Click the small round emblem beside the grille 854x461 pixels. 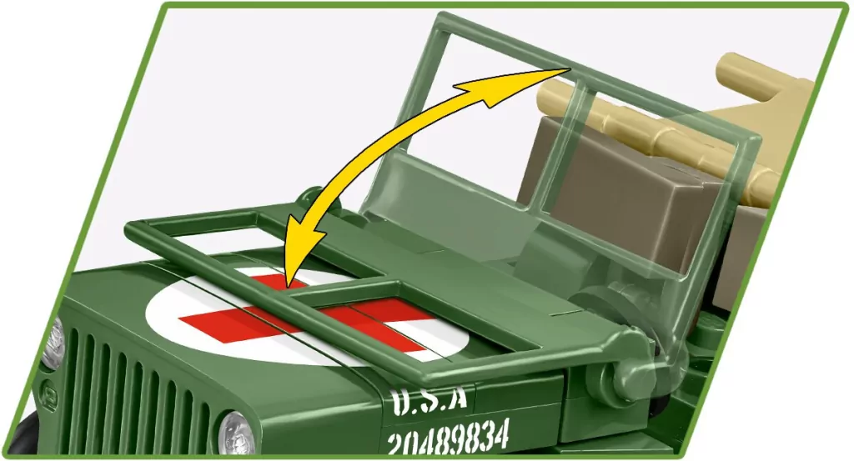click(x=49, y=392)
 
